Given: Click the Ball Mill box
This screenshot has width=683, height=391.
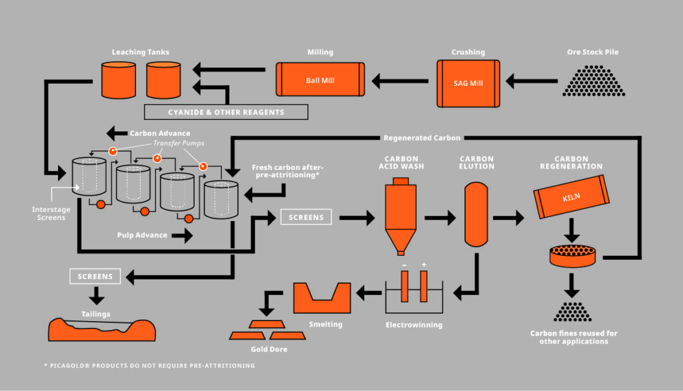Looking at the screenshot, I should (320, 80).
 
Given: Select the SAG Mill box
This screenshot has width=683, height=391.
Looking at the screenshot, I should (468, 83).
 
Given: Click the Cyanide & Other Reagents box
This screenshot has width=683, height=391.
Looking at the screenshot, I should (226, 112).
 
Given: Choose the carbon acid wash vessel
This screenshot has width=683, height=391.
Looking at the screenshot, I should (400, 216).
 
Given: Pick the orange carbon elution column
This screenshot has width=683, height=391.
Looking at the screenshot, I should (476, 216).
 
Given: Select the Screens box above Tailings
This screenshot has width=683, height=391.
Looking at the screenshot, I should (95, 276).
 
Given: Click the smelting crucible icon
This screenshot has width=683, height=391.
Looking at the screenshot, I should (321, 298).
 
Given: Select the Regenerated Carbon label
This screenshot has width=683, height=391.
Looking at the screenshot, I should (422, 138).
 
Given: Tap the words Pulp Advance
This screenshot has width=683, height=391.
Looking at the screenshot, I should (141, 235).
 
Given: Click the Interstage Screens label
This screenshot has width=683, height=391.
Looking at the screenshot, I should (51, 213).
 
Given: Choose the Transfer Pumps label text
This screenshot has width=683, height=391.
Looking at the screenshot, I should (179, 143).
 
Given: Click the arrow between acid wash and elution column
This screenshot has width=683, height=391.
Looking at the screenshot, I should (440, 216).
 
